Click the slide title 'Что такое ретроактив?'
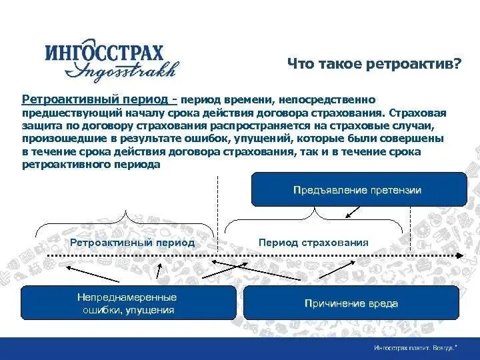point(374,63)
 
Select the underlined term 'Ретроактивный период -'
point(99,99)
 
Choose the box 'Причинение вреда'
point(351,303)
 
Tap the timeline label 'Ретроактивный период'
point(133,243)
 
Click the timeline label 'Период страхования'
point(313,243)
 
